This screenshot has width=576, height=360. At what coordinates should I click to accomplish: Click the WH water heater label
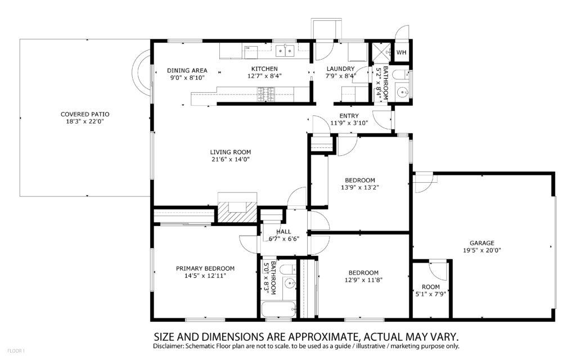click(x=402, y=52)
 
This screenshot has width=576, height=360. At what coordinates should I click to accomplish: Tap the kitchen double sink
click(x=285, y=51)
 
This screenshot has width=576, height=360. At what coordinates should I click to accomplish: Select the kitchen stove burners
click(x=266, y=94)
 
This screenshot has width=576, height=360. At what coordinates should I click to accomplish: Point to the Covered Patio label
click(x=85, y=114)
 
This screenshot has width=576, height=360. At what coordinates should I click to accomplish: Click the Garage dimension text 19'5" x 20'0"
click(x=482, y=250)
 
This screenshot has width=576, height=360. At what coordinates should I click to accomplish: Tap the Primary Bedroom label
click(x=205, y=268)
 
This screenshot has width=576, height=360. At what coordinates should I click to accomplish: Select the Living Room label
click(x=230, y=152)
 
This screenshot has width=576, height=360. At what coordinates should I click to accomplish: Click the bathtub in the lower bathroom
click(x=278, y=309)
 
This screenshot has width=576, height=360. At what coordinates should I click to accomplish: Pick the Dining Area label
click(x=187, y=70)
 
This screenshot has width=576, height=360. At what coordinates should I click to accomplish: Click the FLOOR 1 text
click(x=16, y=351)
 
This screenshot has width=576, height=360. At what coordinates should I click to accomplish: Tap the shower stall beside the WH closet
click(x=381, y=52)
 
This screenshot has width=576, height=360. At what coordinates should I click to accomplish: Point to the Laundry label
click(x=340, y=69)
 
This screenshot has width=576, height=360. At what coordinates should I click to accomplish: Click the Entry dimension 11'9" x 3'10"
click(x=349, y=123)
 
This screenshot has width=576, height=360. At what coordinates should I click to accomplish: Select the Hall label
click(x=283, y=231)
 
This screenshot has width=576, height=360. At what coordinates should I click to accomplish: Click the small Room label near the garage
click(x=430, y=286)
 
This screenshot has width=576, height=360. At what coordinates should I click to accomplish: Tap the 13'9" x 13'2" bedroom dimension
click(x=359, y=187)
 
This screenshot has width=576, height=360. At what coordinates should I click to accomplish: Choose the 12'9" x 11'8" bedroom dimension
click(x=364, y=280)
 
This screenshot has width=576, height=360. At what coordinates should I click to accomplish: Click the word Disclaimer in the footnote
click(x=168, y=346)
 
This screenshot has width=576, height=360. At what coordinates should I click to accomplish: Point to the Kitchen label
click(x=264, y=69)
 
